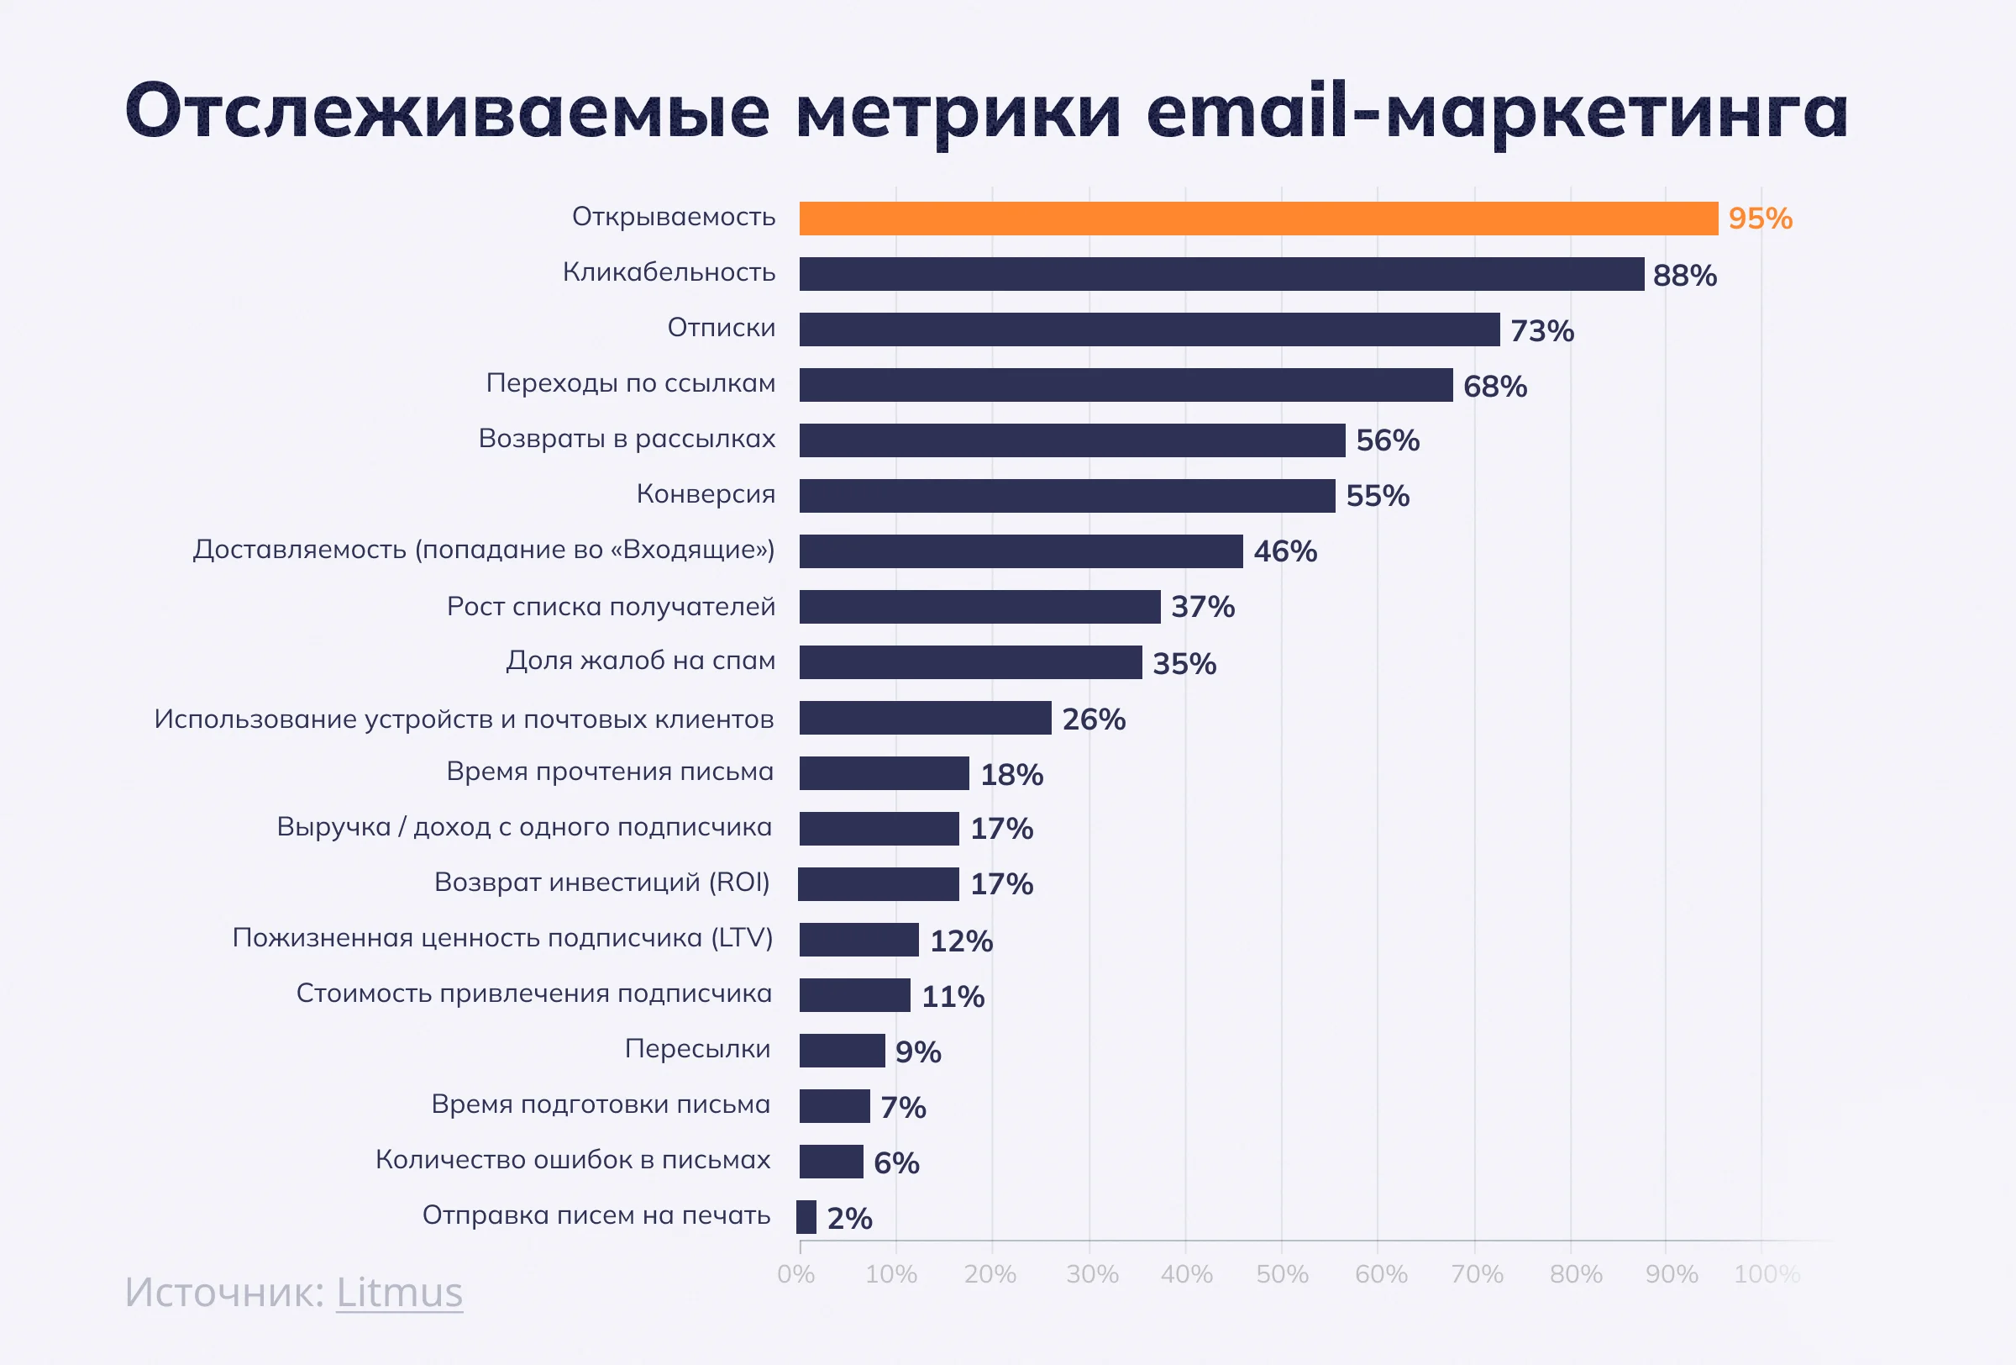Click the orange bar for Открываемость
coord(1257,219)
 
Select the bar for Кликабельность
coord(1221,274)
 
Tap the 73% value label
coord(1541,330)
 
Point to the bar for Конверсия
coord(1067,497)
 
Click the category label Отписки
coord(721,328)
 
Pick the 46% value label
coord(1284,551)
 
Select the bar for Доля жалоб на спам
coord(970,662)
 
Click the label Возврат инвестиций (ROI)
coord(602,883)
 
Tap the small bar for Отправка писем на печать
coord(806,1216)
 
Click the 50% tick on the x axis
coord(1282,1274)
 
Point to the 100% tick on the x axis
coord(1767,1274)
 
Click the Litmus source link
coord(399,1292)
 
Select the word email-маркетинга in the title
coord(1496,111)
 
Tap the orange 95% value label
coord(1760,219)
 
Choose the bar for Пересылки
coord(842,1051)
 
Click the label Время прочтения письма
coord(610,772)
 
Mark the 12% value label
coord(961,941)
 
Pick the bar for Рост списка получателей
coord(979,607)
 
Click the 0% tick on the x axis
coord(796,1274)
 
